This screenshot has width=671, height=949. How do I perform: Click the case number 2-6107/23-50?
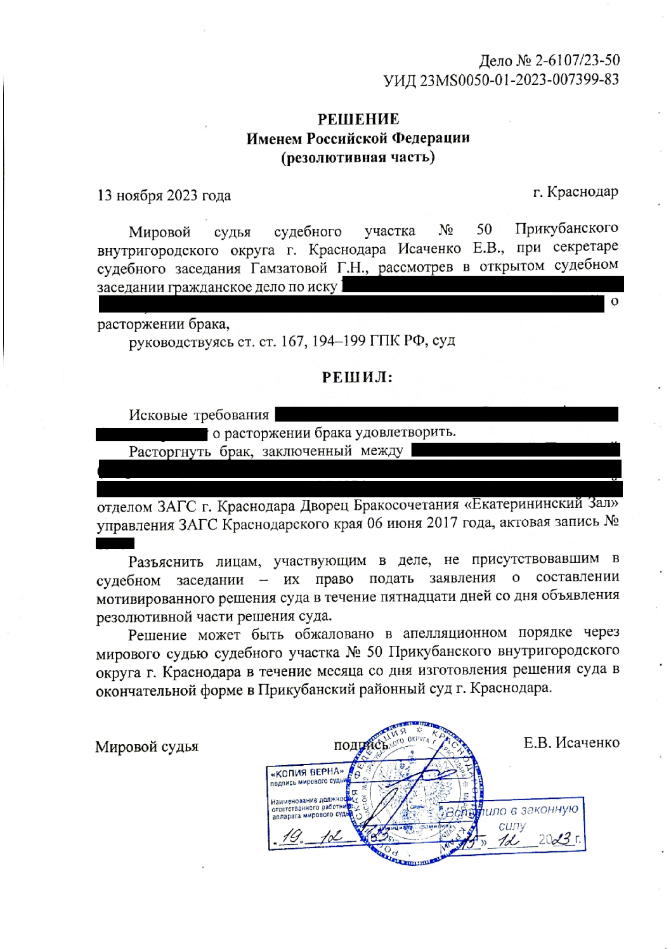tap(577, 61)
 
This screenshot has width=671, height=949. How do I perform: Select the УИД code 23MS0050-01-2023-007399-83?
tap(519, 80)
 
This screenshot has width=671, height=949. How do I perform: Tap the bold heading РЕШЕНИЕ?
tap(358, 119)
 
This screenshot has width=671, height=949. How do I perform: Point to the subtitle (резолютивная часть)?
tap(358, 157)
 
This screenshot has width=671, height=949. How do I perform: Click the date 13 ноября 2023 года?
tap(164, 195)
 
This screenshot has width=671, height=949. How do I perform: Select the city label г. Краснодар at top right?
tap(575, 191)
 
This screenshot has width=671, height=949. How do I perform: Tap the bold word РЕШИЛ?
tap(357, 378)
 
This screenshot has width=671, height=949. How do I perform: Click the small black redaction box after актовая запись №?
tap(115, 543)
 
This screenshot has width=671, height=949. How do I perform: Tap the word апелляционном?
tap(455, 633)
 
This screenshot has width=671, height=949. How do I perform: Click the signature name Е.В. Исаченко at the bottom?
tap(571, 742)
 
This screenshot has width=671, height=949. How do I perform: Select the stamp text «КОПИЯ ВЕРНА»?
tap(308, 773)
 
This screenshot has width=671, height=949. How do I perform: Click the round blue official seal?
tap(419, 792)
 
